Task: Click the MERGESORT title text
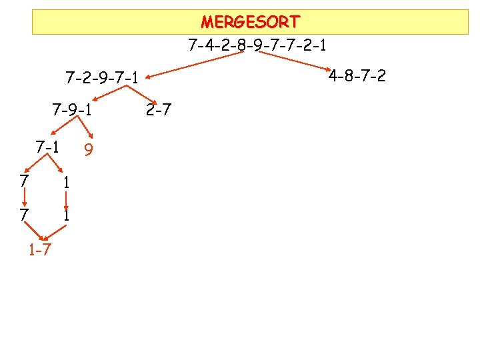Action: [250, 22]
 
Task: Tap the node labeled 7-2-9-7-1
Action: [102, 78]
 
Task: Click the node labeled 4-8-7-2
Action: [357, 75]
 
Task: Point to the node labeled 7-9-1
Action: [72, 109]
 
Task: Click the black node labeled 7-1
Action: [47, 145]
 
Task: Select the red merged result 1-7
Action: [41, 250]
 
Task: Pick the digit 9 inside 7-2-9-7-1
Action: [102, 78]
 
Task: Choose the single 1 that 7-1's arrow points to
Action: [67, 181]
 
